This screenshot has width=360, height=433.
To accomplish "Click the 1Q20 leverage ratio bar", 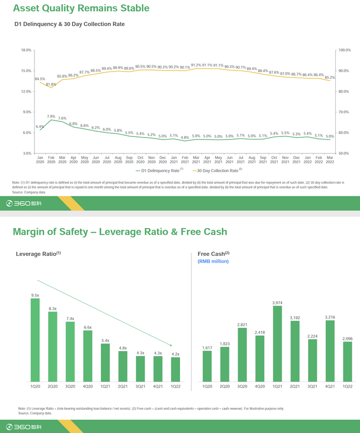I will coord(35,340).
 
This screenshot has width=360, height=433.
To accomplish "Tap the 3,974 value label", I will coord(277,302).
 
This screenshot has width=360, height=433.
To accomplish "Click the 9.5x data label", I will coord(35,295).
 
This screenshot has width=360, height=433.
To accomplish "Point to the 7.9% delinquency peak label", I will coord(51,116).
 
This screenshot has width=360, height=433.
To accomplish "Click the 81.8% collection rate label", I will coord(51,84).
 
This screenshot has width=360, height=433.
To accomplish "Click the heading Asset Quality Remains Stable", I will coord(81,8).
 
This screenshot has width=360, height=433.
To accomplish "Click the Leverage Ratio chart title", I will coord(38,254).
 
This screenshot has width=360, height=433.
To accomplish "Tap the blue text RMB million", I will coord(213,262).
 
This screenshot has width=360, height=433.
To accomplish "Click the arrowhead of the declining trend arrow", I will coord(171,344).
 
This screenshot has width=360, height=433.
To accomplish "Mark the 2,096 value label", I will coord(348,338).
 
